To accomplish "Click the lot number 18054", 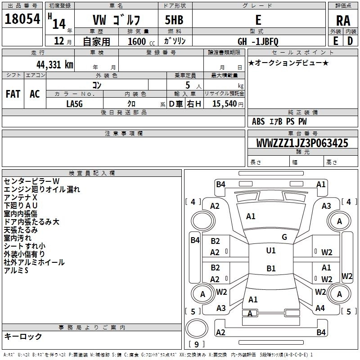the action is tap(22, 19).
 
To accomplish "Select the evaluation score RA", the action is tap(343, 20).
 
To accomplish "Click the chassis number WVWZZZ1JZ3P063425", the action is tap(302, 144).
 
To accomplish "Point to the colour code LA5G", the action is tap(75, 103).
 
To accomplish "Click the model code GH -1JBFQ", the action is tap(258, 41).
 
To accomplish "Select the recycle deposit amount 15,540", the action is tap(224, 103).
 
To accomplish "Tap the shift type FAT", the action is tap(13, 94).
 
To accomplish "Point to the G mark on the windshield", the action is tap(284, 237).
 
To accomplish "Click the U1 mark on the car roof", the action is tap(270, 251).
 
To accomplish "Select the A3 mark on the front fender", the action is tap(326, 206).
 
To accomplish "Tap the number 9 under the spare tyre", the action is tap(196, 345).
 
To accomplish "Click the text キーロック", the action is tap(23, 336).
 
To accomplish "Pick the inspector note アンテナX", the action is tap(21, 198).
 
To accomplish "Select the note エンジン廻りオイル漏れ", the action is tap(41, 189).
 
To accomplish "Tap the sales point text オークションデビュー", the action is tap(288, 63).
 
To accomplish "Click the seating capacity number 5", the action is tap(187, 85).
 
